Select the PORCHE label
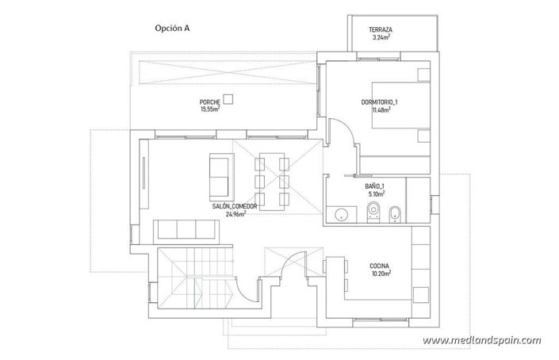(210, 104)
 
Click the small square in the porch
(228, 98)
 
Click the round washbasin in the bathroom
(342, 212)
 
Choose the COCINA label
(378, 266)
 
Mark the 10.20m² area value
(378, 274)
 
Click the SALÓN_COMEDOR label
(234, 206)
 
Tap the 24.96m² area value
(235, 213)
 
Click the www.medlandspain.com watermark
(493, 342)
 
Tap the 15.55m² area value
(210, 111)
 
